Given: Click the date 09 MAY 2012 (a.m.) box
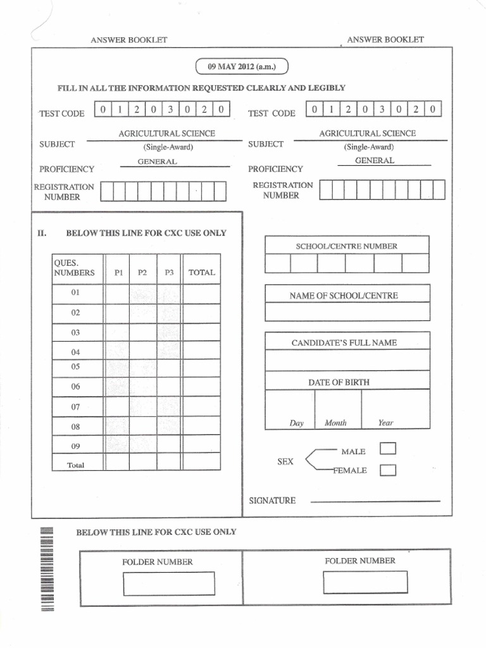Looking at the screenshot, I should (x=242, y=66).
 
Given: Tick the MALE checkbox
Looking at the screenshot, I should (x=388, y=449).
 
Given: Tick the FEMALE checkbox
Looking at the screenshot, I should (x=388, y=470).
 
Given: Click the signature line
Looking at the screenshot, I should (x=375, y=501).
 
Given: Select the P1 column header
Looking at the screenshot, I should (x=118, y=273).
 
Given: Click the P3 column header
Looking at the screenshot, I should (x=169, y=273).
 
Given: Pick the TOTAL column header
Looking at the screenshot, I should (x=202, y=273).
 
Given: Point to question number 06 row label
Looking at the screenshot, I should (x=76, y=386).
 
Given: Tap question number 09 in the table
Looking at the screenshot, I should (x=76, y=445).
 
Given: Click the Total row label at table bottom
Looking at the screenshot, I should (x=76, y=465).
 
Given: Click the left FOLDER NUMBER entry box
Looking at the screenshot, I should (x=169, y=583).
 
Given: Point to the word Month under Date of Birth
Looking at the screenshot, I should (x=335, y=423).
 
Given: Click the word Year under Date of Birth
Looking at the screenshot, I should (x=385, y=423).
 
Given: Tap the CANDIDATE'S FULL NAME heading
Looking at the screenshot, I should (x=344, y=342).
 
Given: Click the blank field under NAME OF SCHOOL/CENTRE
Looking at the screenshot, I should (x=347, y=311).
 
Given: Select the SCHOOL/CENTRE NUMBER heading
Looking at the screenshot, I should (x=347, y=246).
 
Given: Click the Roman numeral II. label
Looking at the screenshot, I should (x=42, y=233).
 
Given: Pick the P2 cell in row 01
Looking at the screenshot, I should (x=143, y=294).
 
